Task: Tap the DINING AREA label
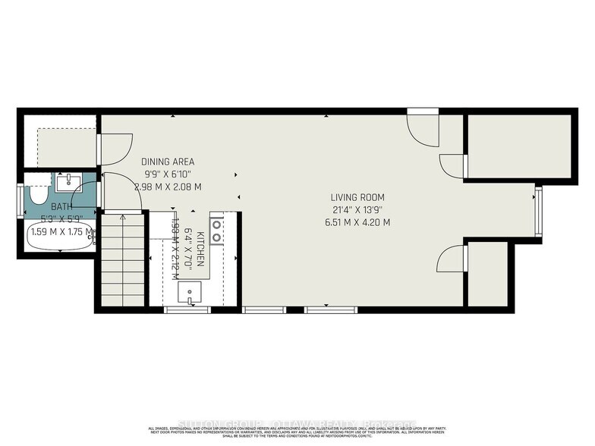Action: tap(168, 162)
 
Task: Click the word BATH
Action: tap(61, 206)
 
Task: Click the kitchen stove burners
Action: tap(217, 231)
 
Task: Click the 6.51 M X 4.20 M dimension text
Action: tap(356, 223)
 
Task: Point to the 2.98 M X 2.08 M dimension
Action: tap(168, 187)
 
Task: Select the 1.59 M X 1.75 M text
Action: tap(61, 232)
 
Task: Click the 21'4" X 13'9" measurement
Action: tap(356, 210)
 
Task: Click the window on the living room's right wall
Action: tap(538, 212)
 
